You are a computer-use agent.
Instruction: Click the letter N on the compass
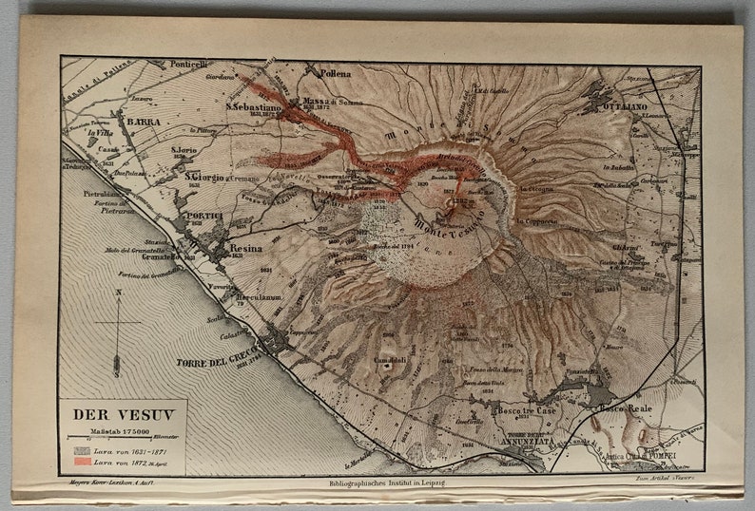tap(117, 293)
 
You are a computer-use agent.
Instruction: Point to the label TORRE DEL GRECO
tap(220, 362)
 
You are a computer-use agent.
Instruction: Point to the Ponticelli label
tap(188, 65)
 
